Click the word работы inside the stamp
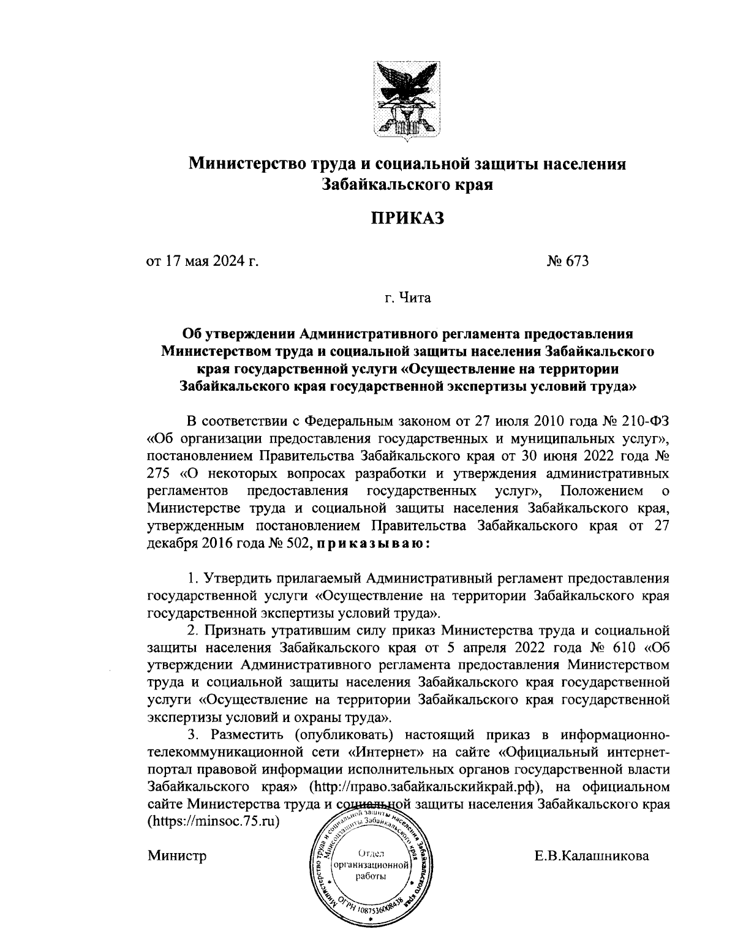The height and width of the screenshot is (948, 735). pyautogui.click(x=371, y=876)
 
